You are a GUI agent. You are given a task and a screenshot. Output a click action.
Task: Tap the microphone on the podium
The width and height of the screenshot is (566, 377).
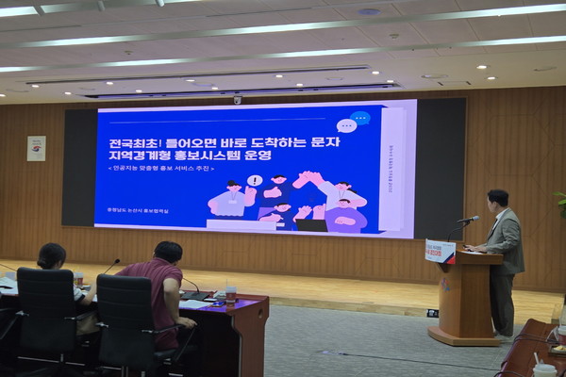[x=467, y=220]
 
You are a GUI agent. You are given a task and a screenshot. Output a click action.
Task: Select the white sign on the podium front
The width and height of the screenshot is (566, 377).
[x=441, y=252]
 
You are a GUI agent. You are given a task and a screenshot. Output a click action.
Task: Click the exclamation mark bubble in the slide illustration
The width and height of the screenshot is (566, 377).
[x=255, y=180]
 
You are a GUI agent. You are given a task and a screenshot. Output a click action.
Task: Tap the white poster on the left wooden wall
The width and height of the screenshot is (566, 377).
[x=36, y=148]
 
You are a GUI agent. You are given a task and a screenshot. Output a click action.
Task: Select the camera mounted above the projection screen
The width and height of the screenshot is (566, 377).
[x=237, y=99]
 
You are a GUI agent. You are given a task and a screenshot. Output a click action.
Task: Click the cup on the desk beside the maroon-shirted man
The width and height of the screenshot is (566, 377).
[x=230, y=294]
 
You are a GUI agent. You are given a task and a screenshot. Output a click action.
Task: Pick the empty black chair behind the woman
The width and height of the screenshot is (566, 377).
[x=45, y=316]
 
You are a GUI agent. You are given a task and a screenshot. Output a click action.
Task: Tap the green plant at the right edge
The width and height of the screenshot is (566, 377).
[x=561, y=203]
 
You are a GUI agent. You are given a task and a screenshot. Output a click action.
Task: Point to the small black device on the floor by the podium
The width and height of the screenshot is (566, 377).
[x=432, y=313]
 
